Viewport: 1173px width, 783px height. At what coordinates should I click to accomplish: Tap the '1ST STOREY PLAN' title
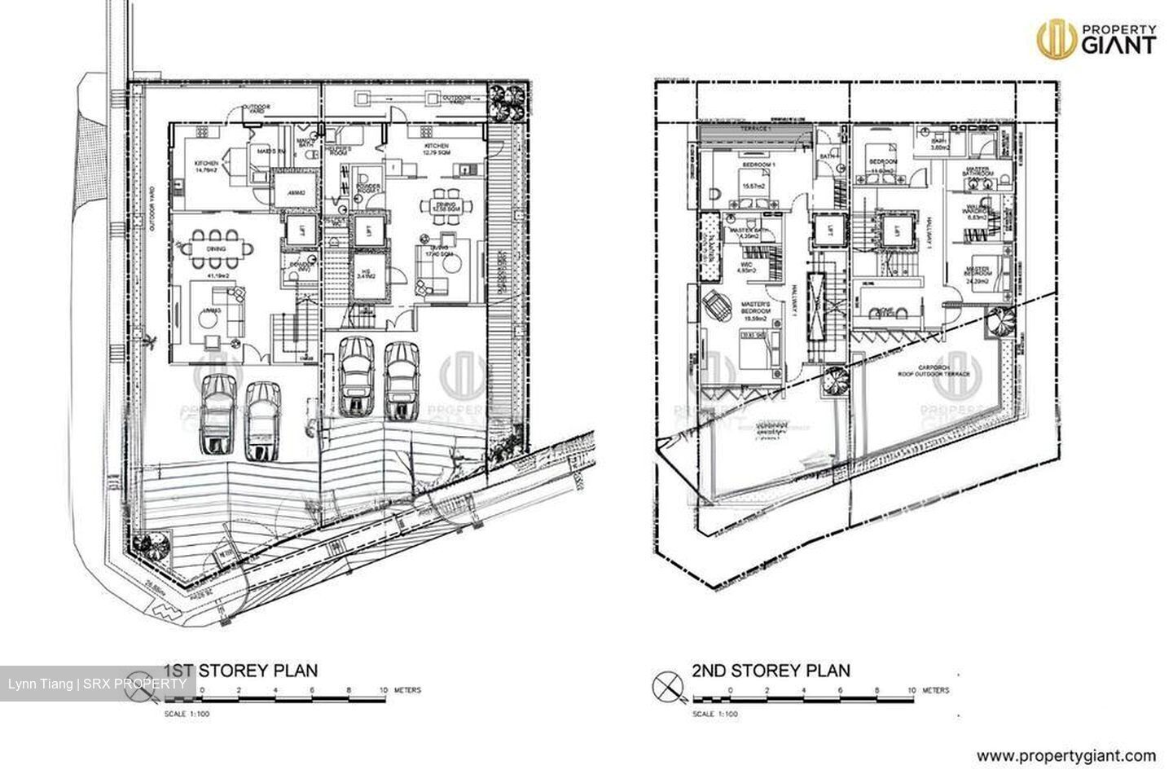(241, 671)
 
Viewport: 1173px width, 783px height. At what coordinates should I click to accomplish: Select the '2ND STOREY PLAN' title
(771, 671)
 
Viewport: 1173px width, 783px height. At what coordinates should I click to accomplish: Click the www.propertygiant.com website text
(1066, 756)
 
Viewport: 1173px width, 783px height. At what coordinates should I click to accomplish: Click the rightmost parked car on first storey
(401, 376)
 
